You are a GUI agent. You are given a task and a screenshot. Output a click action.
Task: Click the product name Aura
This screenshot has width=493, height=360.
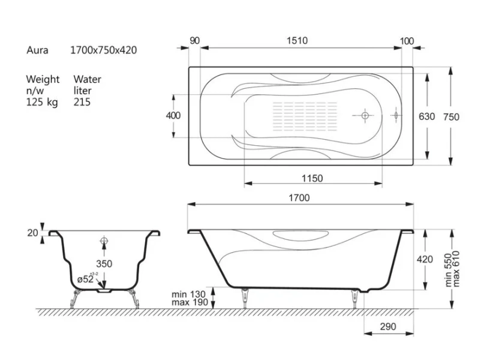pos(37,50)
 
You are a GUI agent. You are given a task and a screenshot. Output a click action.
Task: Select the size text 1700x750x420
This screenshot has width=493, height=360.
pos(103,50)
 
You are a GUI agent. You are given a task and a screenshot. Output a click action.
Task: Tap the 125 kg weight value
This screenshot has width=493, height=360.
pos(42,102)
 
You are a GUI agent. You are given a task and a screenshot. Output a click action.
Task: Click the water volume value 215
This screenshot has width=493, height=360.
pos(82,102)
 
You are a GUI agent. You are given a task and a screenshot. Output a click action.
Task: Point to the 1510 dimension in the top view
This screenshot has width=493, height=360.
pos(297,41)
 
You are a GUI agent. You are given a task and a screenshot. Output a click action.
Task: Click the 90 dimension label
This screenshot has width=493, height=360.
pos(195,41)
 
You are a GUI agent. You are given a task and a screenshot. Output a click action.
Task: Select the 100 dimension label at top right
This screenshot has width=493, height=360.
pos(407,41)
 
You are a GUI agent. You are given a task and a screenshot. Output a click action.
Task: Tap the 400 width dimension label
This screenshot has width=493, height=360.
pos(173,116)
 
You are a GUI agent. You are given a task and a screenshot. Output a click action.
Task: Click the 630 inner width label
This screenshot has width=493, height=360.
pos(426,116)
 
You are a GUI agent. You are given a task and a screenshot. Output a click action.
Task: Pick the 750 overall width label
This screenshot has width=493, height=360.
pos(451,117)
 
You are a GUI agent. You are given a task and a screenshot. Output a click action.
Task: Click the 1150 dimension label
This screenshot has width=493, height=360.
pos(312,179)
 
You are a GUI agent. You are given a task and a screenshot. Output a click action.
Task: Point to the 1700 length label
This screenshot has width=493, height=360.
pos(299,198)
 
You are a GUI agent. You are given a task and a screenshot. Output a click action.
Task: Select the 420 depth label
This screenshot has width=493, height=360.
pos(425,259)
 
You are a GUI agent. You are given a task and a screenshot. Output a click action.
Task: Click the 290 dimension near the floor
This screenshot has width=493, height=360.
pos(388,326)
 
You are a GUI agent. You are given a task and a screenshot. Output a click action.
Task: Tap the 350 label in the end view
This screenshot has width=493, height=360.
pos(104,264)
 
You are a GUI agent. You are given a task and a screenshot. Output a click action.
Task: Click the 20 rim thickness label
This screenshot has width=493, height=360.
pos(33,233)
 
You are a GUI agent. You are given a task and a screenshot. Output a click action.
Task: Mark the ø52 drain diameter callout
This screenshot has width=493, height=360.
pos(86,279)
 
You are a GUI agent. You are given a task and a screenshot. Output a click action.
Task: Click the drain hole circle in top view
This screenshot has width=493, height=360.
pos(365,115)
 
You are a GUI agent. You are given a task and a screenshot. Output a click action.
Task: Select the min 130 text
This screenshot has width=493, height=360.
pos(188,295)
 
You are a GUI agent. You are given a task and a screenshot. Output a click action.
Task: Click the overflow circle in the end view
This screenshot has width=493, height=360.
pos(104,241)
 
